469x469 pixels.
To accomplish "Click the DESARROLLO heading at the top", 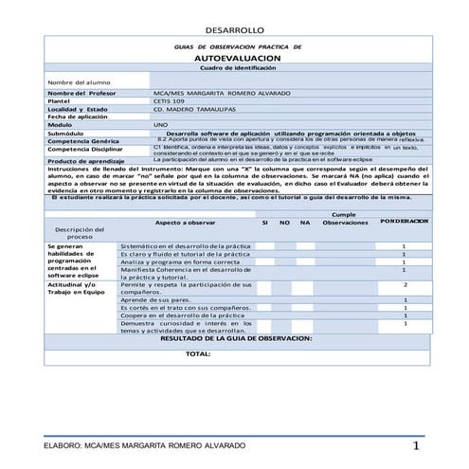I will (235, 30).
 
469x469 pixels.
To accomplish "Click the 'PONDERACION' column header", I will (405, 221).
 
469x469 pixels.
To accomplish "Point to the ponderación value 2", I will (405, 284).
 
